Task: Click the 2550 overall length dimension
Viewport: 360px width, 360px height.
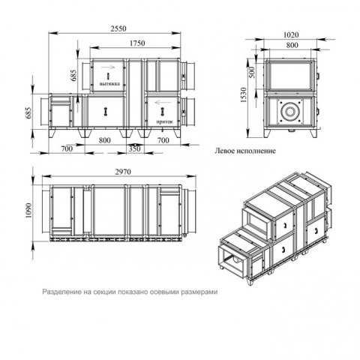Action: [x=118, y=28]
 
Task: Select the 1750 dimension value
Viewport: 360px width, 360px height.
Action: [x=137, y=43]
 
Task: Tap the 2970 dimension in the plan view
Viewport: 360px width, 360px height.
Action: [x=123, y=172]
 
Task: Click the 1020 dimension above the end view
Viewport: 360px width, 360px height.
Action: [x=291, y=34]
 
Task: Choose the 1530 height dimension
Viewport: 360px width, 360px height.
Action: [x=243, y=95]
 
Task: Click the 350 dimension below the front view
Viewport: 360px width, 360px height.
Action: [x=134, y=148]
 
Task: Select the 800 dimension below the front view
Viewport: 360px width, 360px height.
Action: [x=104, y=140]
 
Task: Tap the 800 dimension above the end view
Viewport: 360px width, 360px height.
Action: [x=292, y=45]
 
